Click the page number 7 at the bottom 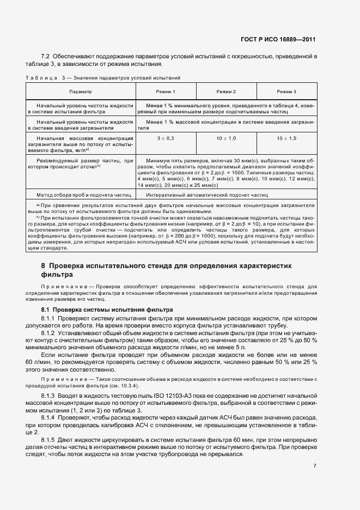pyautogui.click(x=315, y=465)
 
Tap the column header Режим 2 pyautogui.click(x=225, y=92)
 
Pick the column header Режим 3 pyautogui.click(x=286, y=92)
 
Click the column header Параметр pyautogui.click(x=81, y=92)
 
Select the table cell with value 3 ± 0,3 pyautogui.click(x=165, y=139)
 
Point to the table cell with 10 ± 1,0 pyautogui.click(x=225, y=139)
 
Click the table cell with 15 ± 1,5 pyautogui.click(x=286, y=139)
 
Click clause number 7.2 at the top pyautogui.click(x=46, y=57)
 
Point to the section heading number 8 pyautogui.click(x=43, y=265)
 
